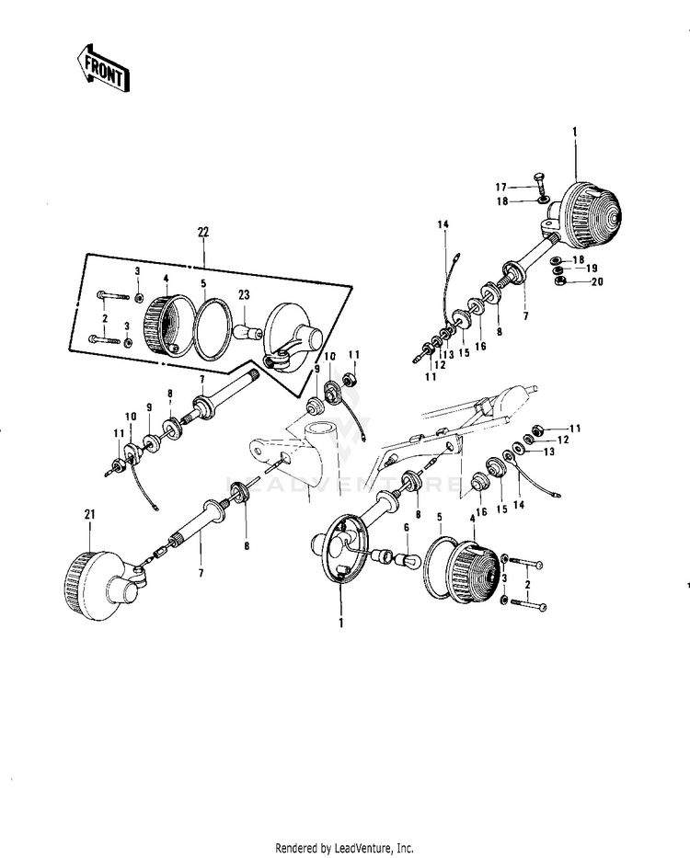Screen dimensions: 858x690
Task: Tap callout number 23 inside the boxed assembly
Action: pyautogui.click(x=244, y=295)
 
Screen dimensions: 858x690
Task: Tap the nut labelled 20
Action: pyautogui.click(x=559, y=282)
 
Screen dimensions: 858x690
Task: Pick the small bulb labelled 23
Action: pyautogui.click(x=246, y=325)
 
